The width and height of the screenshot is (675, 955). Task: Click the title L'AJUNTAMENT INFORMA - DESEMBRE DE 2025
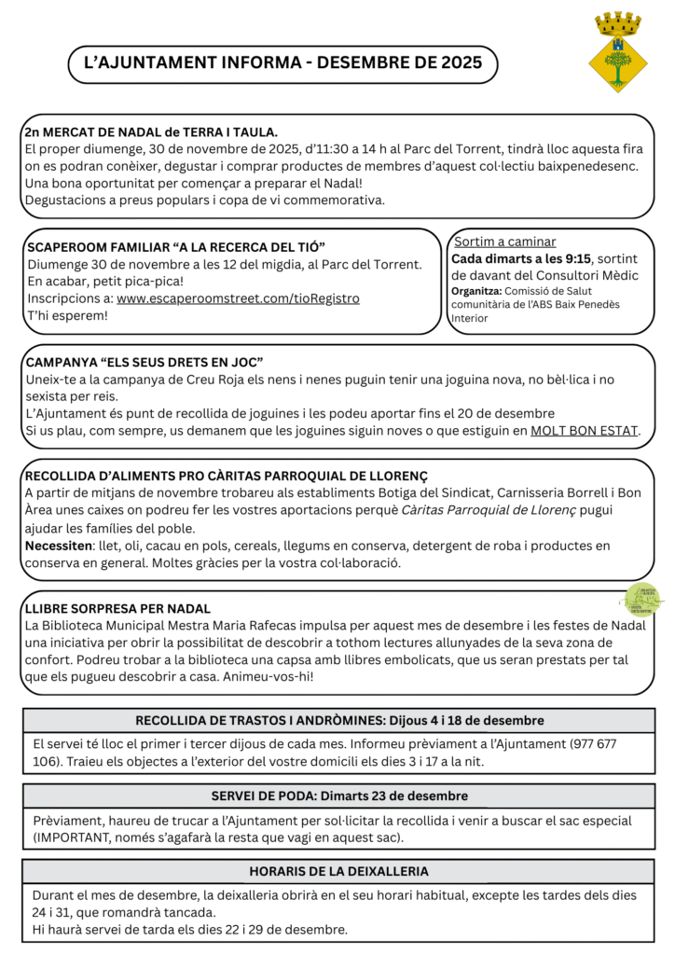pyautogui.click(x=282, y=63)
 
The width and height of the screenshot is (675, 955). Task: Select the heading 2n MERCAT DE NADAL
pyautogui.click(x=151, y=132)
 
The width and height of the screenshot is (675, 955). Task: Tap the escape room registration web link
pyautogui.click(x=238, y=298)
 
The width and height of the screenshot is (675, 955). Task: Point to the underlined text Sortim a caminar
pyautogui.click(x=504, y=242)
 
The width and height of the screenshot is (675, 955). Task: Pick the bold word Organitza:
pyautogui.click(x=477, y=290)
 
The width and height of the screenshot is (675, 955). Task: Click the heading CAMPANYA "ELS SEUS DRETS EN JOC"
pyautogui.click(x=145, y=362)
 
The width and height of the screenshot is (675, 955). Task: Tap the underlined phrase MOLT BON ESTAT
pyautogui.click(x=585, y=430)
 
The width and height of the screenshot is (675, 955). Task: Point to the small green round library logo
pyautogui.click(x=644, y=599)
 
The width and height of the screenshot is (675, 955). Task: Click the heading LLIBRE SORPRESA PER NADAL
pyautogui.click(x=117, y=608)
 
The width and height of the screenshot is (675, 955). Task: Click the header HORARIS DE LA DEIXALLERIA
pyautogui.click(x=339, y=872)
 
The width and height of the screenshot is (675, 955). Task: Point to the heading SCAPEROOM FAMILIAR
pyautogui.click(x=176, y=246)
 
